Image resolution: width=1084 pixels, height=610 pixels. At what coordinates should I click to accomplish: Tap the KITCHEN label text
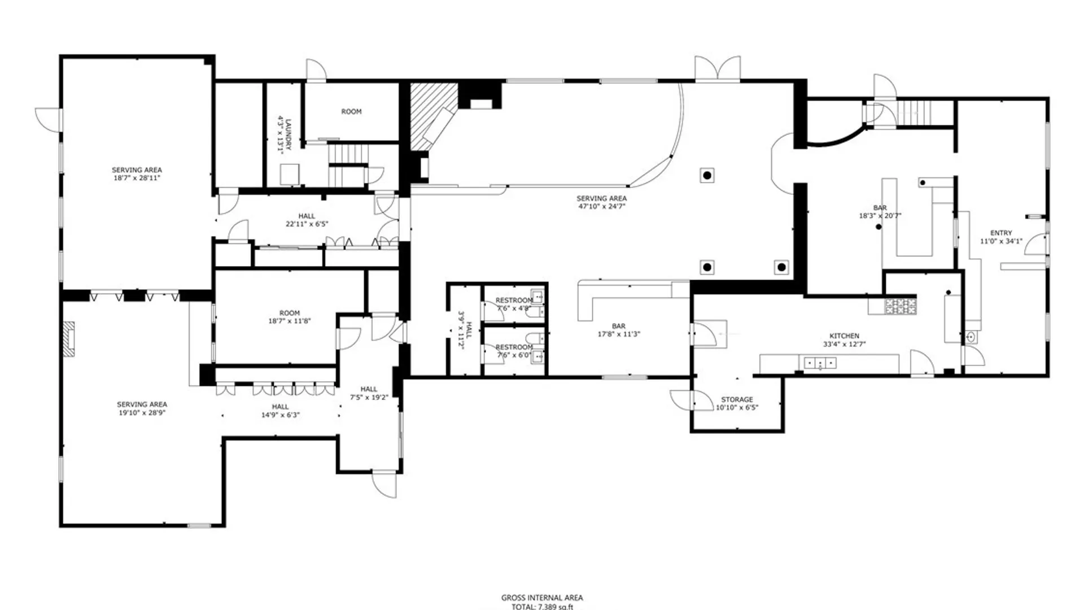(x=844, y=335)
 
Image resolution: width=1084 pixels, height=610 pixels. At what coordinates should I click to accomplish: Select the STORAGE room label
(x=737, y=399)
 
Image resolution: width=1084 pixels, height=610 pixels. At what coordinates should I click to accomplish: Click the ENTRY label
(x=1001, y=233)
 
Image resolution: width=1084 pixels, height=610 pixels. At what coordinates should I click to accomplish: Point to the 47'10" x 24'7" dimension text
(x=601, y=207)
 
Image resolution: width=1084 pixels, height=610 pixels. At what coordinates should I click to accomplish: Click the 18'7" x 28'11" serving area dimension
(x=137, y=178)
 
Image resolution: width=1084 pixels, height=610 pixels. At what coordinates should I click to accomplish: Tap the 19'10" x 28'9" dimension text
(x=142, y=413)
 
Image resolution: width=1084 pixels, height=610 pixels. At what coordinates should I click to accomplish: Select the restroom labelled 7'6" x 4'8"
(x=514, y=304)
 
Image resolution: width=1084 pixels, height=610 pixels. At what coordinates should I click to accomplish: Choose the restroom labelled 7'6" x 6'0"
(x=514, y=351)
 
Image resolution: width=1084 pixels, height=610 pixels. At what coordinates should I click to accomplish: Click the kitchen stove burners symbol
(x=900, y=306)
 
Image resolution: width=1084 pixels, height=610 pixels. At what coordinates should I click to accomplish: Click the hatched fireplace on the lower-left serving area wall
(x=68, y=339)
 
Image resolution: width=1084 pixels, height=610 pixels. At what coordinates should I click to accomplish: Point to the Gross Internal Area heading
(x=542, y=598)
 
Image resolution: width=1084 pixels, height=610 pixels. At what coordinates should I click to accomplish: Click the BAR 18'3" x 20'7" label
(x=880, y=211)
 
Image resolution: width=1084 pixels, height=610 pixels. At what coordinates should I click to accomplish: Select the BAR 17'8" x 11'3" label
(x=618, y=330)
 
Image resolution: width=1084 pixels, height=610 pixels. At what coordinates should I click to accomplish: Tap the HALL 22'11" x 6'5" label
(x=307, y=220)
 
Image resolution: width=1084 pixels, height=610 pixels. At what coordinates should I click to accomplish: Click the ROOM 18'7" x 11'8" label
(x=289, y=317)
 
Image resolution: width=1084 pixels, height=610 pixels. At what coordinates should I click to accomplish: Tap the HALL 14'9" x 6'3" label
(x=280, y=411)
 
